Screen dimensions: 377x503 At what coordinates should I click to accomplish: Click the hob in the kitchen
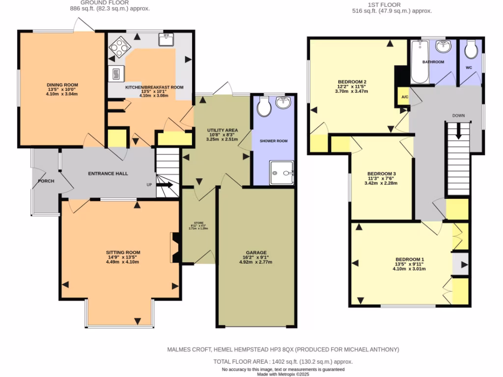pos(118,48)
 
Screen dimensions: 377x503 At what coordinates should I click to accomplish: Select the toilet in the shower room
pos(264,106)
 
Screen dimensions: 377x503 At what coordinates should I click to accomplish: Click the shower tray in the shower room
pos(281,173)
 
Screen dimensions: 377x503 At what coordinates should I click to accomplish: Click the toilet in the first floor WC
pos(471,49)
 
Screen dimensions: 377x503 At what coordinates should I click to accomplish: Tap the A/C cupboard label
pos(404,97)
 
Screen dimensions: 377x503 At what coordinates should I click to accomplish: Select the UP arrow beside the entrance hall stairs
pos(165,185)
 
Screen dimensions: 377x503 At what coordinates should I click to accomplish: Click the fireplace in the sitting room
pos(174,248)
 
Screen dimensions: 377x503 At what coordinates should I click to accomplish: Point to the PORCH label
pos(46,181)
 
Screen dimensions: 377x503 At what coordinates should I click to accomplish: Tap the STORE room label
pos(198,223)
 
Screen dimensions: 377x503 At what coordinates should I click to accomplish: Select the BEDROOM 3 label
pos(381,174)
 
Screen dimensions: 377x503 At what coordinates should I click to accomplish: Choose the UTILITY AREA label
pos(222,130)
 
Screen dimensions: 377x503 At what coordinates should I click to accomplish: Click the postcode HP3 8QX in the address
pos(277,350)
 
